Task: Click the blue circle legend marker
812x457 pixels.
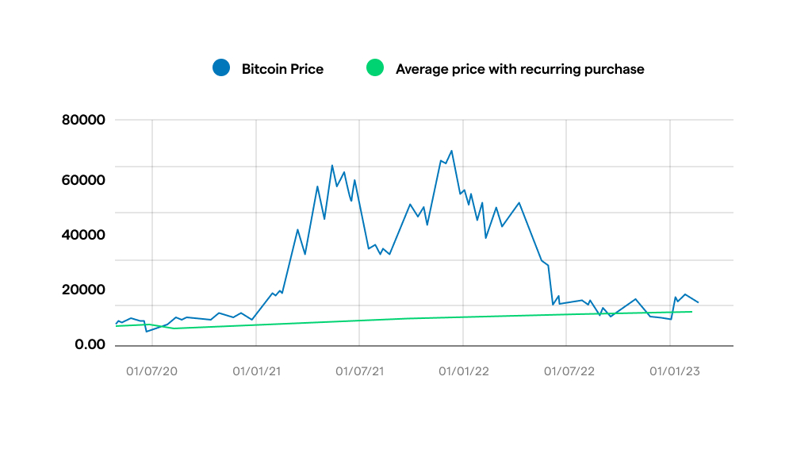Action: [x=221, y=68]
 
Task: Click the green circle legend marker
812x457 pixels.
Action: [x=374, y=68]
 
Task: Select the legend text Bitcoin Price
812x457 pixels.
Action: [x=282, y=69]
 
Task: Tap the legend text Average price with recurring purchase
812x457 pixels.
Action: [x=519, y=69]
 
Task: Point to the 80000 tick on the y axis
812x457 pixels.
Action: [x=83, y=121]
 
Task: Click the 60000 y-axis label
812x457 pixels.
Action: [x=83, y=180]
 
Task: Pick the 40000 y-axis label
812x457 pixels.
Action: [x=83, y=235]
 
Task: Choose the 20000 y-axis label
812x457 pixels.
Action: [x=83, y=290]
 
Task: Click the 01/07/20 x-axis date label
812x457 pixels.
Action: [x=152, y=371]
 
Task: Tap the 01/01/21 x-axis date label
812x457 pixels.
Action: [x=256, y=371]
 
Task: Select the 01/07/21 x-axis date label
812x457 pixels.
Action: [x=360, y=371]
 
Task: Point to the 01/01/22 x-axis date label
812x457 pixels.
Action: [x=463, y=371]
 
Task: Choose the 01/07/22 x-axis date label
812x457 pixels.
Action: [x=567, y=371]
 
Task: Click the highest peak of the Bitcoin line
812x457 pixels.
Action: [x=451, y=151]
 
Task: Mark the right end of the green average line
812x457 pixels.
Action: [x=691, y=311]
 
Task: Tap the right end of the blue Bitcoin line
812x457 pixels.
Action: [x=698, y=302]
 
